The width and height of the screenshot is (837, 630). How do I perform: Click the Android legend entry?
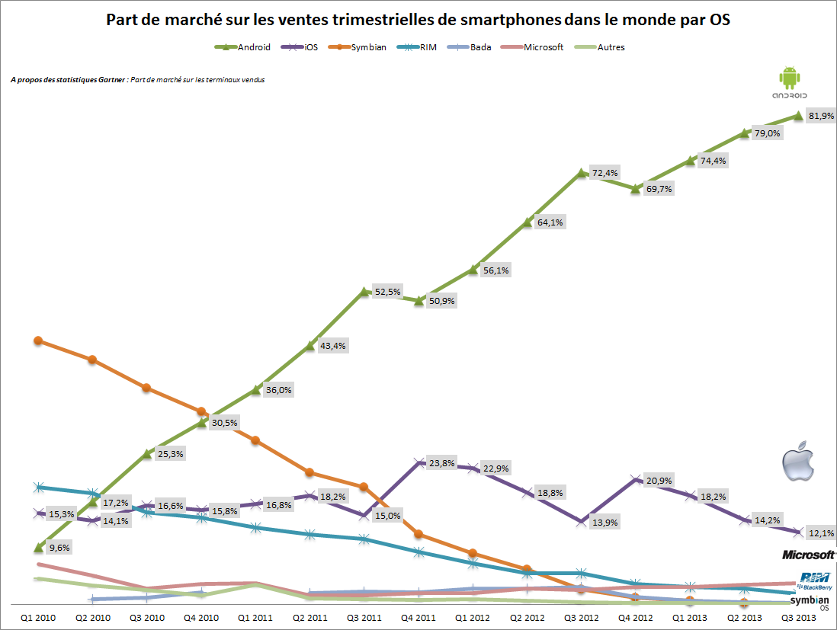(243, 47)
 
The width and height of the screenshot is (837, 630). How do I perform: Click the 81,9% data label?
(822, 116)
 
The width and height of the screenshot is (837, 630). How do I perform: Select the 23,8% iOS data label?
(441, 462)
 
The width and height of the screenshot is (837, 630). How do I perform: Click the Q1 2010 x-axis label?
(37, 617)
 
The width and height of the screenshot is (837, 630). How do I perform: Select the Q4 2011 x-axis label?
(418, 617)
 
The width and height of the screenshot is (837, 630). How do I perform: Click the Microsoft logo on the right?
(809, 554)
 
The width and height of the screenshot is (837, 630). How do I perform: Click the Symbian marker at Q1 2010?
(37, 341)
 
